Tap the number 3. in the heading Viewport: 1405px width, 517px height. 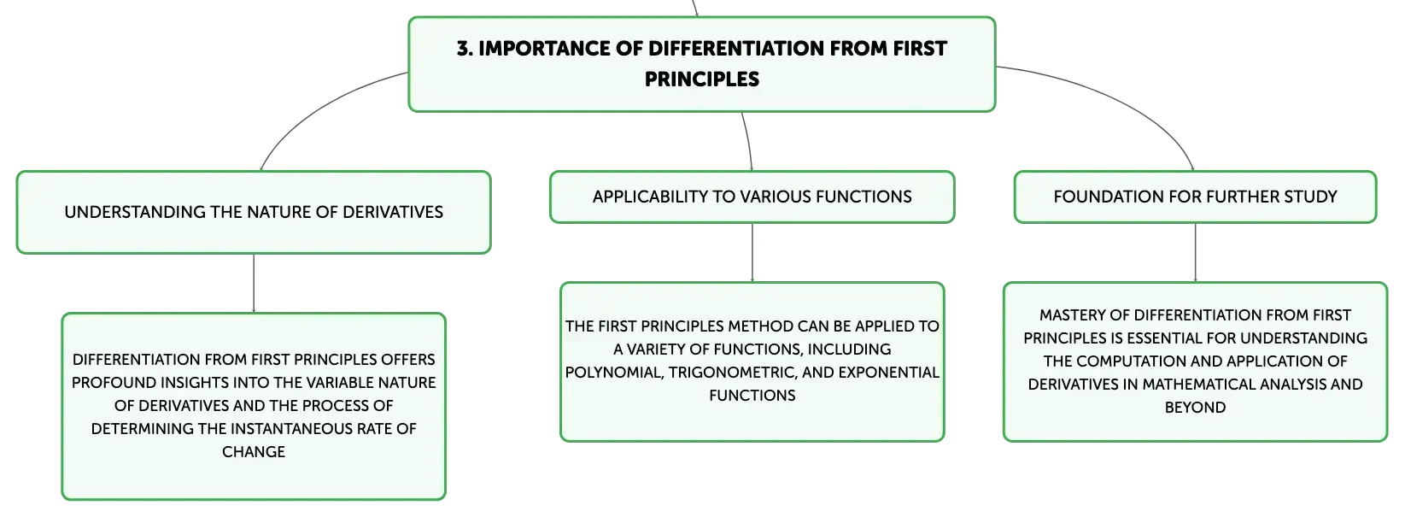(x=465, y=49)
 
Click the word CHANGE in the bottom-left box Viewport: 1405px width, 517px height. (x=254, y=452)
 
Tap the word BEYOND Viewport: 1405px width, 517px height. (x=1195, y=408)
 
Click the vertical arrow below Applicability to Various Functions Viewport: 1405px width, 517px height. (x=752, y=253)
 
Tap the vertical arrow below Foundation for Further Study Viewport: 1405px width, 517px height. (x=1196, y=253)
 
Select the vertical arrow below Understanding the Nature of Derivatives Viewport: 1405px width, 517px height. (x=254, y=284)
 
